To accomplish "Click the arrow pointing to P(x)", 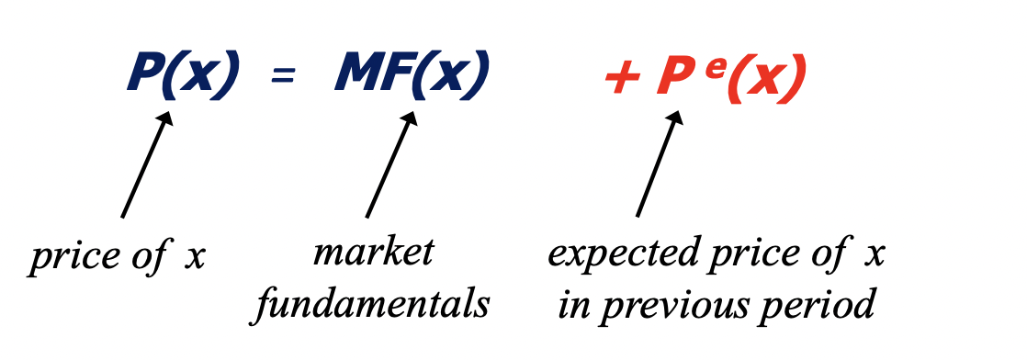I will tap(147, 165).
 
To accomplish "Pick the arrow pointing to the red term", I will tap(659, 165).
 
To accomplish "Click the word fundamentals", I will tap(371, 303).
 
